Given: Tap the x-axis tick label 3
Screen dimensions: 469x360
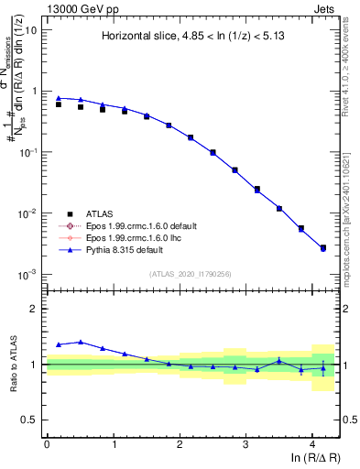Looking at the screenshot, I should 245,442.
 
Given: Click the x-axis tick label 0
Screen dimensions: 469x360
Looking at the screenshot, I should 47,442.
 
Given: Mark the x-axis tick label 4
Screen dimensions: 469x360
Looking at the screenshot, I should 312,442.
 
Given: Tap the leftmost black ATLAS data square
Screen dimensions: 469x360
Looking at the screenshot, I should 59,104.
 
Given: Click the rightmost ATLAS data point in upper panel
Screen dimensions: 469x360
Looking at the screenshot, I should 322,248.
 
